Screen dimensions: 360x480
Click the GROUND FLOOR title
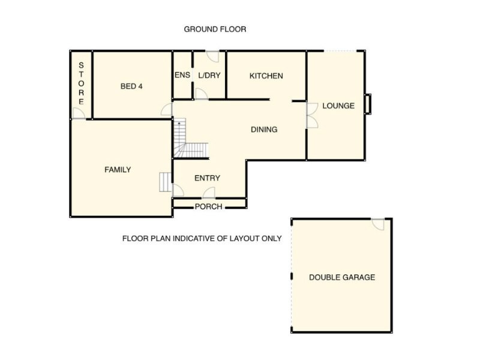pyautogui.click(x=215, y=29)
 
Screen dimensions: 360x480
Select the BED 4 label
pyautogui.click(x=131, y=86)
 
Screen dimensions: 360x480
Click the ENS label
pyautogui.click(x=182, y=76)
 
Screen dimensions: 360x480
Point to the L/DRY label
pyautogui.click(x=209, y=76)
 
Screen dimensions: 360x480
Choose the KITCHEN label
pyautogui.click(x=266, y=76)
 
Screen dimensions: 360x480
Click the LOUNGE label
pyautogui.click(x=338, y=106)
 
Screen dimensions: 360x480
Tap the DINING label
pyautogui.click(x=263, y=130)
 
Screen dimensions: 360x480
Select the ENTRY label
pyautogui.click(x=207, y=178)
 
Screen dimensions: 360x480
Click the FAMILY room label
pyautogui.click(x=118, y=170)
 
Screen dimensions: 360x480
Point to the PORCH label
pyautogui.click(x=208, y=207)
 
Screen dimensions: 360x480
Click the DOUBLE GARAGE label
pyautogui.click(x=341, y=277)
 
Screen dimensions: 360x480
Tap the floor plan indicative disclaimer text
pyautogui.click(x=202, y=238)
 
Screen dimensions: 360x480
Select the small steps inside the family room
pyautogui.click(x=165, y=182)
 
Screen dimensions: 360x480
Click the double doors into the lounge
pyautogui.click(x=311, y=115)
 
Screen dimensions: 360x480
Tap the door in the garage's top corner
pyautogui.click(x=378, y=224)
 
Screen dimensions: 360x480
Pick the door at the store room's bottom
pyautogui.click(x=78, y=113)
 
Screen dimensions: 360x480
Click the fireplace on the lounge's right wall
pyautogui.click(x=368, y=104)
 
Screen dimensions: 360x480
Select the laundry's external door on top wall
pyautogui.click(x=212, y=56)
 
